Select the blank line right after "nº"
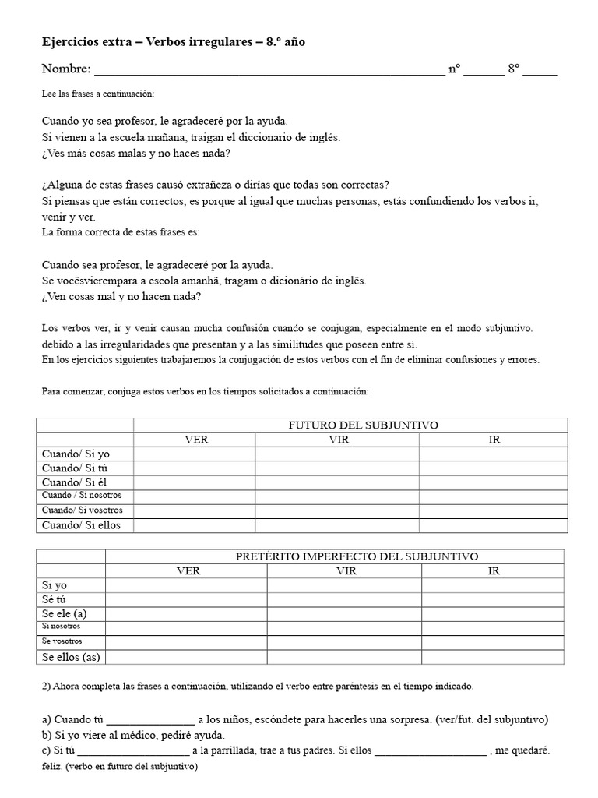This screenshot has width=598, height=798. tap(485, 71)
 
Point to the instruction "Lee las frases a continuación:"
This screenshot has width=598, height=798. tap(98, 94)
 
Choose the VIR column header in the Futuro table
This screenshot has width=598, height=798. tap(336, 440)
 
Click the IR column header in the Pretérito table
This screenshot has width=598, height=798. tap(494, 570)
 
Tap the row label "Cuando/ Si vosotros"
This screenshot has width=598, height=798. tap(83, 510)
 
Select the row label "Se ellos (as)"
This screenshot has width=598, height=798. tap(71, 657)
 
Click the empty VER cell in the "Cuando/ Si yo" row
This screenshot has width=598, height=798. tap(195, 454)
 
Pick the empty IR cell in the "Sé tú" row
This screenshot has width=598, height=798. tap(494, 599)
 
